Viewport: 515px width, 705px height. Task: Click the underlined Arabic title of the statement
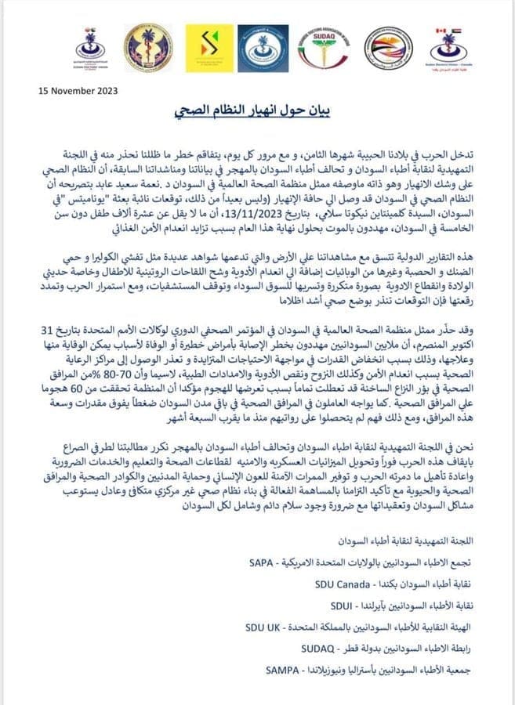point(256,111)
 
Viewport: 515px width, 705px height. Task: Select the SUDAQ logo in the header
point(325,48)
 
